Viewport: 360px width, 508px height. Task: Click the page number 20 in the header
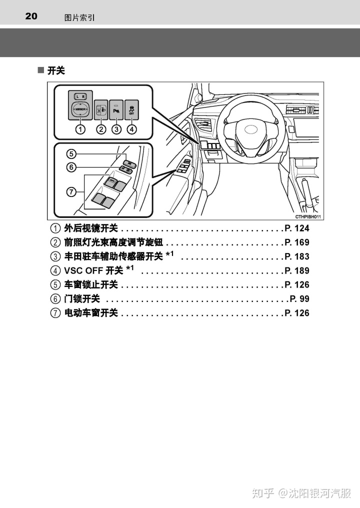tap(31, 16)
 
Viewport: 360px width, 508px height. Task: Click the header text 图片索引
tap(79, 17)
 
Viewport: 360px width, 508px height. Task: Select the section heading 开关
tap(56, 71)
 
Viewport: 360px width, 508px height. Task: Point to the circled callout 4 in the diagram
tap(131, 129)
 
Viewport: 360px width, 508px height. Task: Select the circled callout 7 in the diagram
tap(72, 191)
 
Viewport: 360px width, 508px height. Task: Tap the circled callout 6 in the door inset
tap(72, 167)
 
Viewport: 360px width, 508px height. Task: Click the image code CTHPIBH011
tap(307, 216)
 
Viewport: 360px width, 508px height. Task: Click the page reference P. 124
tap(297, 228)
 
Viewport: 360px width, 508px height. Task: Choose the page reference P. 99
tap(299, 299)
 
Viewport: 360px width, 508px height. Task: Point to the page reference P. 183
tap(297, 256)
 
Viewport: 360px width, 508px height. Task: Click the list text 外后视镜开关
tap(91, 228)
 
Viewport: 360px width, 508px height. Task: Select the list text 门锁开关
tap(82, 299)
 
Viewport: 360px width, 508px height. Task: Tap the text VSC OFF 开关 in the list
tap(93, 270)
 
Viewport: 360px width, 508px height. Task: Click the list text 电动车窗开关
tap(91, 313)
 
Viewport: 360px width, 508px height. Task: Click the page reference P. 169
tap(297, 242)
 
